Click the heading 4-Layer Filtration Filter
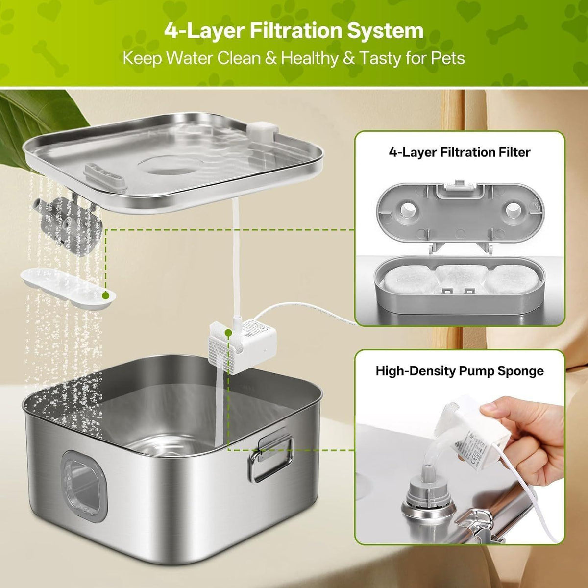click(x=459, y=152)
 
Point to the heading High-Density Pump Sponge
click(x=460, y=371)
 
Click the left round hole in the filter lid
click(x=407, y=210)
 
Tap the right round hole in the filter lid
click(x=513, y=210)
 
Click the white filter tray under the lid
click(x=68, y=291)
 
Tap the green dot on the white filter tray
click(x=105, y=295)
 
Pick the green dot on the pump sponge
click(x=228, y=332)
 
